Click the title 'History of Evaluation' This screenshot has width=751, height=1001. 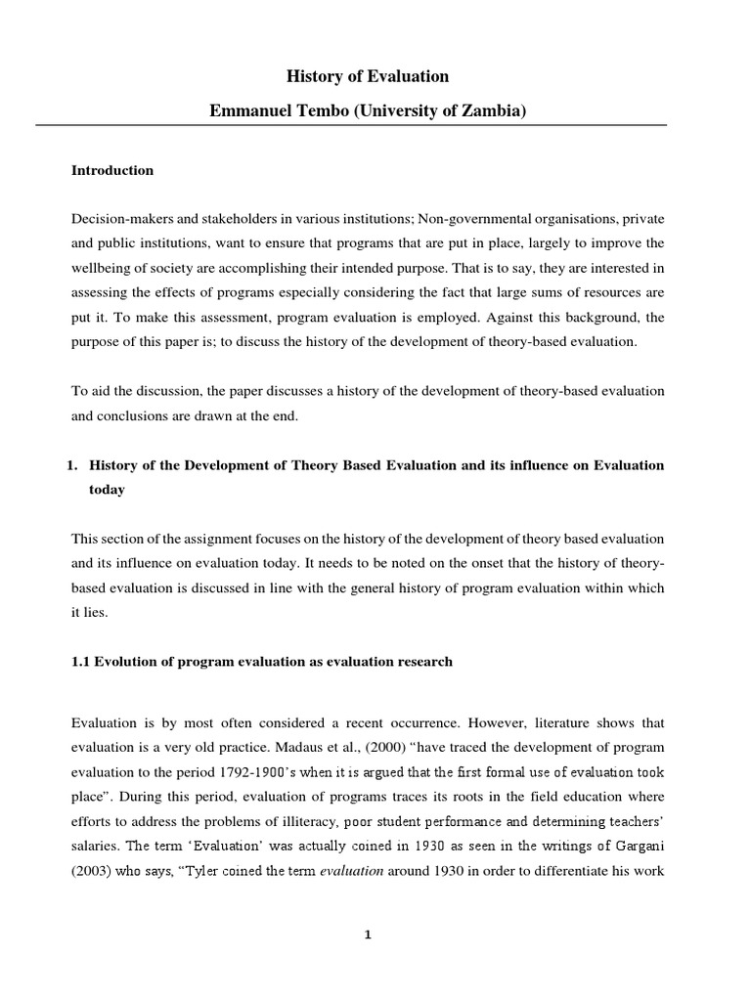pyautogui.click(x=367, y=76)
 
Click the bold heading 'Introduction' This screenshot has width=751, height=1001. pyautogui.click(x=112, y=170)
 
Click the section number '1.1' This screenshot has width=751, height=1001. pyautogui.click(x=82, y=662)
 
